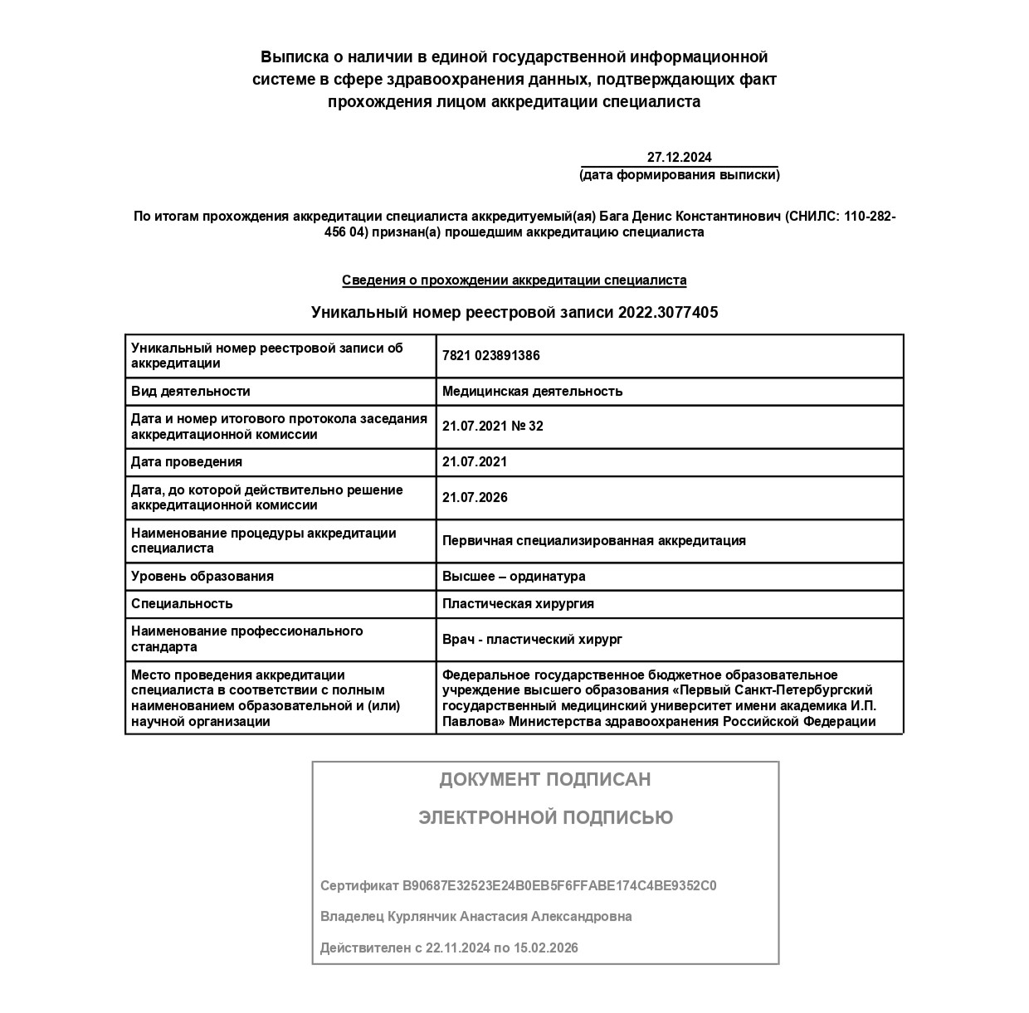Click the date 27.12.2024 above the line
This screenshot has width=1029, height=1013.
tap(679, 157)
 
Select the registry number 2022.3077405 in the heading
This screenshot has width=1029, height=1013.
tap(668, 313)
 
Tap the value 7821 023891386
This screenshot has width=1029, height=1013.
tap(490, 356)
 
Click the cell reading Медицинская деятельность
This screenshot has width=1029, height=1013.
tap(532, 392)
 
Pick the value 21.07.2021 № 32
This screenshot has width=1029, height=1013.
tap(492, 426)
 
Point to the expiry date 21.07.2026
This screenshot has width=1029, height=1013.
tap(475, 498)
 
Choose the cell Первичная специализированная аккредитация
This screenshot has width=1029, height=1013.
tap(593, 541)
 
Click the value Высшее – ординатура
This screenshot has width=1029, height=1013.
tap(514, 577)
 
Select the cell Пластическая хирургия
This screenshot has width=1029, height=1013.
tap(518, 604)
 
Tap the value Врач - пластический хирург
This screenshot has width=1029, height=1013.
tap(532, 640)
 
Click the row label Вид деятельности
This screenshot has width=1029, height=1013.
tap(190, 392)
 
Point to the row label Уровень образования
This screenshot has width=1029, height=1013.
tap(202, 577)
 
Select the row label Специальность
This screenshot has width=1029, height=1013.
tap(182, 604)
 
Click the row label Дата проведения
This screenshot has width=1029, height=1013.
tap(186, 462)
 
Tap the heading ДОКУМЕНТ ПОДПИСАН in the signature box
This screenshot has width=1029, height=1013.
tap(545, 780)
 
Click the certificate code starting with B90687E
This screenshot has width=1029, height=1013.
tap(559, 886)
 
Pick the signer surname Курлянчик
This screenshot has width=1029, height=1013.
tap(422, 917)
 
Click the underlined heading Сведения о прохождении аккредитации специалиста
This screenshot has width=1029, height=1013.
tap(514, 280)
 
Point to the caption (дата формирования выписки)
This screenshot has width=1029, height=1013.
tap(679, 175)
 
